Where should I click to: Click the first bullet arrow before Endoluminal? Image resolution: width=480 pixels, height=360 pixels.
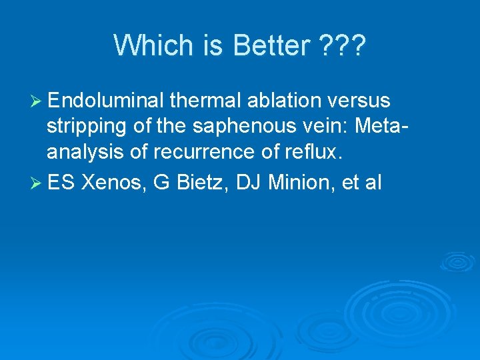tap(37, 101)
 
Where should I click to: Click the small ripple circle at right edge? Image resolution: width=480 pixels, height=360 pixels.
tap(459, 261)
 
